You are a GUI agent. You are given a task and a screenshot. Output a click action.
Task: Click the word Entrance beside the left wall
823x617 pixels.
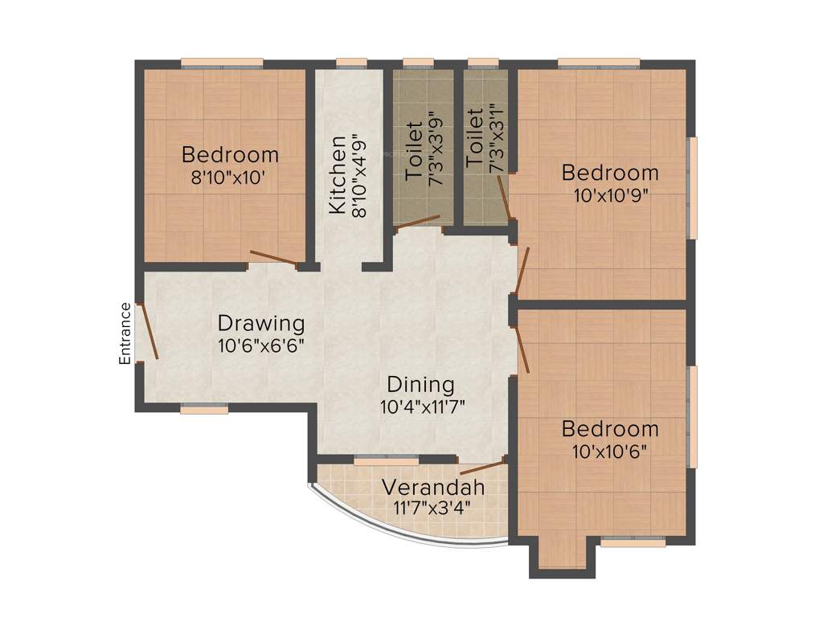pyautogui.click(x=125, y=333)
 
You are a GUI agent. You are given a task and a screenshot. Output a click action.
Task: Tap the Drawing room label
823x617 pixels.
pyautogui.click(x=261, y=324)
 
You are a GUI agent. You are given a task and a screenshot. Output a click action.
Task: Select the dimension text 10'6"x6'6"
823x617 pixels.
pyautogui.click(x=261, y=346)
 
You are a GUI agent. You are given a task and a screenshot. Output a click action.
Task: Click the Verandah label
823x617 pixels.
pyautogui.click(x=432, y=488)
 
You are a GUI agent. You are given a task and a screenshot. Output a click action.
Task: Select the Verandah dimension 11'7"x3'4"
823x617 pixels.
pyautogui.click(x=432, y=508)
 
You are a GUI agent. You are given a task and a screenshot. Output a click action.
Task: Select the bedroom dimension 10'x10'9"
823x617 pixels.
pyautogui.click(x=610, y=194)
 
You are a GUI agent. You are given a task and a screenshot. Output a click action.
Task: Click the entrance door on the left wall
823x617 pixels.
pyautogui.click(x=149, y=330)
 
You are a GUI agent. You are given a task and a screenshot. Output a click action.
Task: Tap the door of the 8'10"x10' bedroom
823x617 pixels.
pyautogui.click(x=273, y=258)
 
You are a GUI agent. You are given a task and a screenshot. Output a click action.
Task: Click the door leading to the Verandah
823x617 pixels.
pyautogui.click(x=482, y=468)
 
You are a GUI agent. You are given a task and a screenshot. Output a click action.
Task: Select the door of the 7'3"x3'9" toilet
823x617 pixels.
pyautogui.click(x=418, y=223)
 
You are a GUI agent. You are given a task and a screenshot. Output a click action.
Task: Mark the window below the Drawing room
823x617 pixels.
pyautogui.click(x=204, y=410)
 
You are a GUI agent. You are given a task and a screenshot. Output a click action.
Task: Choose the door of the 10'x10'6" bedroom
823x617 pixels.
pyautogui.click(x=521, y=344)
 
